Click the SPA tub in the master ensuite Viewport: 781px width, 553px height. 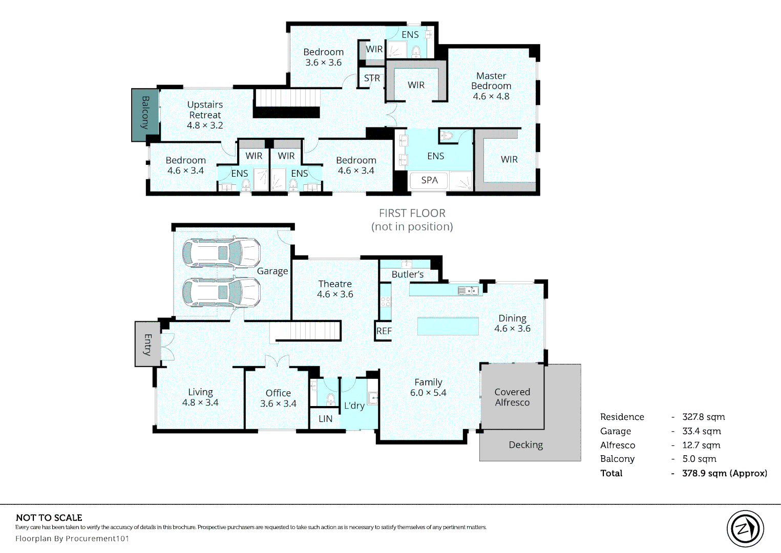click(x=429, y=180)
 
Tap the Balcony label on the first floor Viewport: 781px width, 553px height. click(x=145, y=113)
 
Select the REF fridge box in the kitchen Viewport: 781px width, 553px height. click(x=384, y=331)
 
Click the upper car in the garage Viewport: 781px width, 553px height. click(x=221, y=252)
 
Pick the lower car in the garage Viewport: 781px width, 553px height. click(x=221, y=292)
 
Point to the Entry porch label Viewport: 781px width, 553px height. click(x=148, y=345)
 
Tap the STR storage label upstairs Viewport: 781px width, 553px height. click(x=372, y=78)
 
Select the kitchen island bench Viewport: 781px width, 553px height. click(x=448, y=326)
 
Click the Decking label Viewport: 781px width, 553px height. click(x=526, y=445)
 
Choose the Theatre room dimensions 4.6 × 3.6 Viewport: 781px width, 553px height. click(x=335, y=294)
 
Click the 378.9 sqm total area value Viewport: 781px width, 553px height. click(x=725, y=473)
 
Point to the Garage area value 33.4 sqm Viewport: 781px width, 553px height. click(x=702, y=431)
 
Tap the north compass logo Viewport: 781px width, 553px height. click(x=745, y=528)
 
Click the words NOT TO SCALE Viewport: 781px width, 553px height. click(x=49, y=518)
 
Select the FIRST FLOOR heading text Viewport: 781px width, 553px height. click(x=412, y=213)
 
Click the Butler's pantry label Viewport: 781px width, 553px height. click(x=408, y=274)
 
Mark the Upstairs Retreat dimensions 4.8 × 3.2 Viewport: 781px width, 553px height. click(x=205, y=125)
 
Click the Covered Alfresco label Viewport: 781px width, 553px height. click(x=512, y=397)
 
